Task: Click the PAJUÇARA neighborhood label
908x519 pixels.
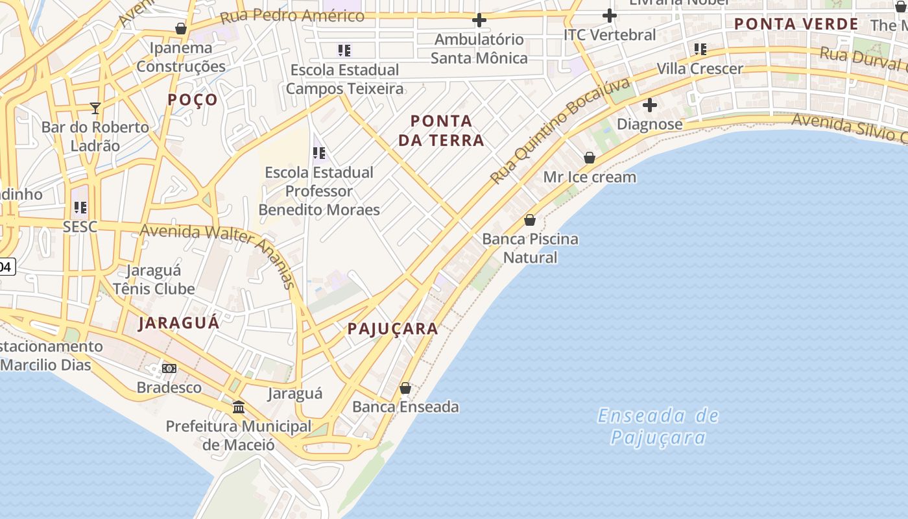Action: [393, 329]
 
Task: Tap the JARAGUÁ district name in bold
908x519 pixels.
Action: [178, 323]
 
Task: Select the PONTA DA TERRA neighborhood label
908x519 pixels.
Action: [441, 130]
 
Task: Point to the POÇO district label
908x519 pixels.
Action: [193, 99]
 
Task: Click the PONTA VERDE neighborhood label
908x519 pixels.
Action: [796, 25]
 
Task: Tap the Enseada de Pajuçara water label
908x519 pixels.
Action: [658, 426]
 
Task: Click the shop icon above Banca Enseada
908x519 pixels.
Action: [405, 388]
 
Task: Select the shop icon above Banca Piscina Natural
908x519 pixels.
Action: [530, 220]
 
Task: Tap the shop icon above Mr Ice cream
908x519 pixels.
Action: [590, 158]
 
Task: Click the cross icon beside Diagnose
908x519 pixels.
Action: [649, 105]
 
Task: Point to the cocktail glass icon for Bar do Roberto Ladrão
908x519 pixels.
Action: [95, 108]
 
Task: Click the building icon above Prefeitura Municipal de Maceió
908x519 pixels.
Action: [239, 407]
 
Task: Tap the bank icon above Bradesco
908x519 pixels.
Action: [169, 368]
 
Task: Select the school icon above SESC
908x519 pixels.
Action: [80, 208]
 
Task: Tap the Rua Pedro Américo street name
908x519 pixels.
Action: [292, 16]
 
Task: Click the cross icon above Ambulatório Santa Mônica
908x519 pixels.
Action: [479, 21]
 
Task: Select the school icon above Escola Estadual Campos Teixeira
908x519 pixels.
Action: [344, 50]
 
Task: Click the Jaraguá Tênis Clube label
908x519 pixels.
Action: [154, 280]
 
